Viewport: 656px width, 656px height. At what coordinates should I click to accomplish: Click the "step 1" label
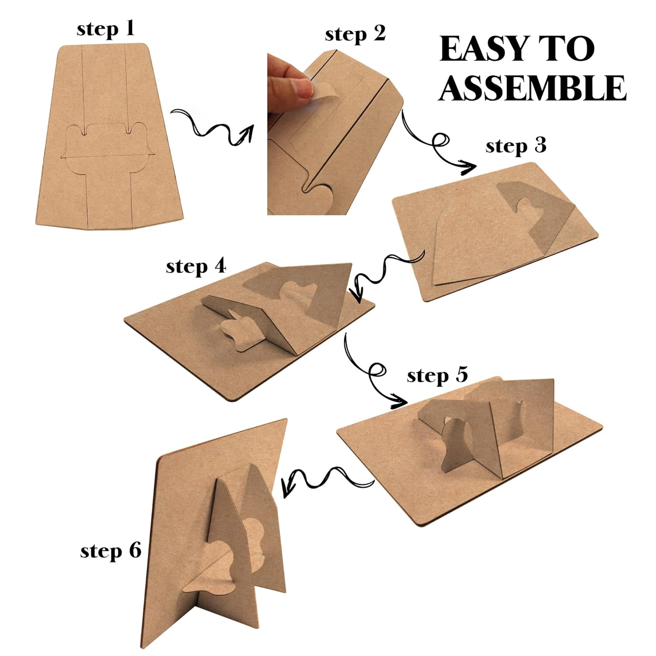(105, 29)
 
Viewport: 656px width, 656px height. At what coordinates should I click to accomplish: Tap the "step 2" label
(355, 34)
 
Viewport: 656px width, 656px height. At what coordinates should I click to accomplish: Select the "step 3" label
(516, 146)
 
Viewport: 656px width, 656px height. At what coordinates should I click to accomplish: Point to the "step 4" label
(196, 266)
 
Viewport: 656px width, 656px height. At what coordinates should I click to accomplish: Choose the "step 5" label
(437, 376)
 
